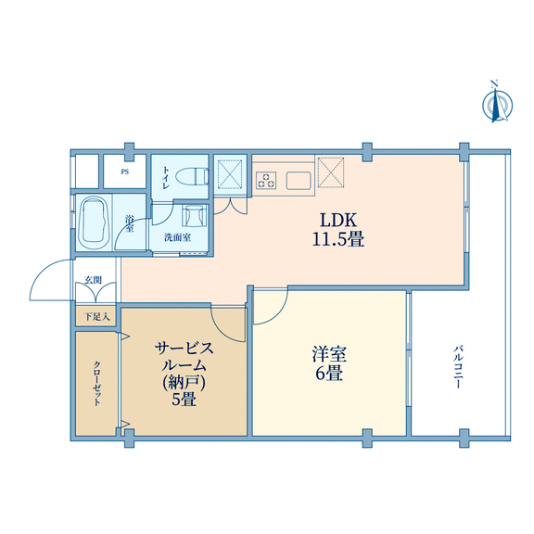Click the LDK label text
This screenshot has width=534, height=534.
[337, 220]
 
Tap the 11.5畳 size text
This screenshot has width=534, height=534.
[337, 239]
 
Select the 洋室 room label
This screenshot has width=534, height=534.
[329, 354]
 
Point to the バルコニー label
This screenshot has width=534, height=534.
[458, 367]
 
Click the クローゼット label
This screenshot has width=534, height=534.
[96, 383]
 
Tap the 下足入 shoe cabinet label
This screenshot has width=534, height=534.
[97, 317]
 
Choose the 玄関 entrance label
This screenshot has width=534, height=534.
[93, 280]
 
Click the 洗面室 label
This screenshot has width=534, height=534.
[177, 237]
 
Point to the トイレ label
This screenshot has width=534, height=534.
[166, 177]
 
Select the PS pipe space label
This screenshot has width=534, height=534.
[125, 172]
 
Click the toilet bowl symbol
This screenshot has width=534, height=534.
[192, 177]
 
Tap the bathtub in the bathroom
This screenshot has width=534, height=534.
[94, 222]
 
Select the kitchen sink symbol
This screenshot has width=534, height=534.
[299, 180]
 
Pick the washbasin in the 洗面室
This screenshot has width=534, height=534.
[194, 216]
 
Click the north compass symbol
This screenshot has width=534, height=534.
[497, 102]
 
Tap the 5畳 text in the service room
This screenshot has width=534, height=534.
[184, 399]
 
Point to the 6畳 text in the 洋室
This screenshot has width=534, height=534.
[328, 374]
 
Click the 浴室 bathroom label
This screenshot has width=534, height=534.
[130, 223]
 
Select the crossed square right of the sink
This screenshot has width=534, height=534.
[331, 172]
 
